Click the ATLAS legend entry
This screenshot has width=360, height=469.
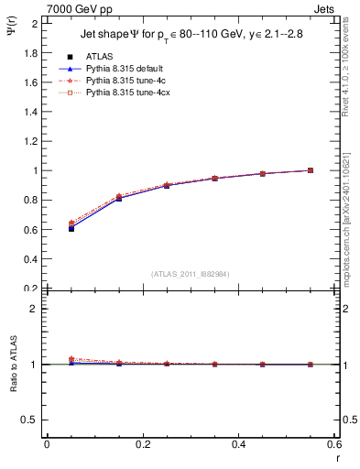click(x=101, y=57)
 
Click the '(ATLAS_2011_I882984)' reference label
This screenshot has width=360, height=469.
click(x=190, y=274)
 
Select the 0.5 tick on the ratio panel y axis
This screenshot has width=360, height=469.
click(x=33, y=420)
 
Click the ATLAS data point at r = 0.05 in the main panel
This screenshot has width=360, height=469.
click(x=71, y=228)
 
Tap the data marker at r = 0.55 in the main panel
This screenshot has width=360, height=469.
click(x=311, y=170)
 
